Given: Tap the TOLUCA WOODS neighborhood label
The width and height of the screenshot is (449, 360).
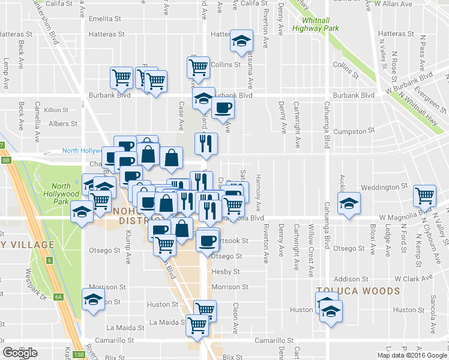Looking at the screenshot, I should point(358,291).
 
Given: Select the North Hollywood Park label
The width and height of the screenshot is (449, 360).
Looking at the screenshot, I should point(65,190).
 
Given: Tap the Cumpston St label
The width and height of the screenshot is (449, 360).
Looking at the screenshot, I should point(354,130).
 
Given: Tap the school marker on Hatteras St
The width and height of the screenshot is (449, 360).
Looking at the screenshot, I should point(241,41).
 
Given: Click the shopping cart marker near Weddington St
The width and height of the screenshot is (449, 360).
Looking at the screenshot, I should point(425,194).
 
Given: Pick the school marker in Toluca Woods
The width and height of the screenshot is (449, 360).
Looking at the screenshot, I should point(330,311).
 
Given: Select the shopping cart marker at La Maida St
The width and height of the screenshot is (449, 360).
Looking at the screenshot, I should point(197,325).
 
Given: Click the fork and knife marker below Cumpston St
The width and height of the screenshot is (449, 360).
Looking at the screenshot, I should point(205,143).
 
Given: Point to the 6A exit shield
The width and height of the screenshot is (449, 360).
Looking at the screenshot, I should point(58,296).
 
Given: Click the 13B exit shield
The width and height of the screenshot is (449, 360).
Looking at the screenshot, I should point(80,355).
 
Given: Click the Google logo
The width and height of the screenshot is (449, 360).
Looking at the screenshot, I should point(20,353).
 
